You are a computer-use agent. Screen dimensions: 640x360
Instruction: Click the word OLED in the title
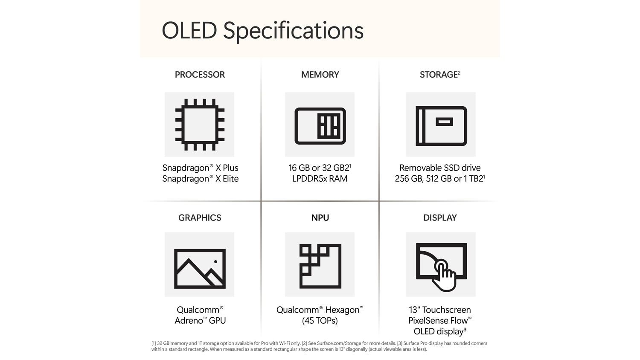(x=189, y=30)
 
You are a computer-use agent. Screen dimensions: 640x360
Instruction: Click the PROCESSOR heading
(x=200, y=75)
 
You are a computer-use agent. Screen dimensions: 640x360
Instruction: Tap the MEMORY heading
(x=320, y=75)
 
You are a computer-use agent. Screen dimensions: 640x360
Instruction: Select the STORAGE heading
(x=439, y=75)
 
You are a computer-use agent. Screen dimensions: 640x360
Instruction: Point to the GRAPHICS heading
(x=200, y=218)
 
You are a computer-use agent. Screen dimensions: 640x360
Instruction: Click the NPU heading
(x=320, y=218)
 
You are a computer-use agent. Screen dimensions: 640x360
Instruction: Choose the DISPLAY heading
(x=440, y=218)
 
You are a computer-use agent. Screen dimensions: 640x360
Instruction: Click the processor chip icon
(x=200, y=125)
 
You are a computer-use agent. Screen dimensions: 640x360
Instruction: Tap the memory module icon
(x=320, y=126)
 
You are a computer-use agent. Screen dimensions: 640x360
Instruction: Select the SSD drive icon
(x=441, y=126)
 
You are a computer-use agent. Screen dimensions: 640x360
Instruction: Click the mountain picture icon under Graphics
(x=200, y=269)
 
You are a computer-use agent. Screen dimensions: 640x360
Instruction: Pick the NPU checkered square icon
(x=320, y=266)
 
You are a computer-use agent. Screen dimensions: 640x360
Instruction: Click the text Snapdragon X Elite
(x=200, y=179)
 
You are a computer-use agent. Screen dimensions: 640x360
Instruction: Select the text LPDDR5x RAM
(x=320, y=179)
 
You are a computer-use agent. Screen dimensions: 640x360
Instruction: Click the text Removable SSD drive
(x=440, y=168)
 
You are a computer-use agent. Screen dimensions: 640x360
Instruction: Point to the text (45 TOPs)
(x=320, y=321)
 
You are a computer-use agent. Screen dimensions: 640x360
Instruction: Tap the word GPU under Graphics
(x=217, y=321)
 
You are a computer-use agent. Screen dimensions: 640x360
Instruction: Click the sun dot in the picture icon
(x=215, y=261)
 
